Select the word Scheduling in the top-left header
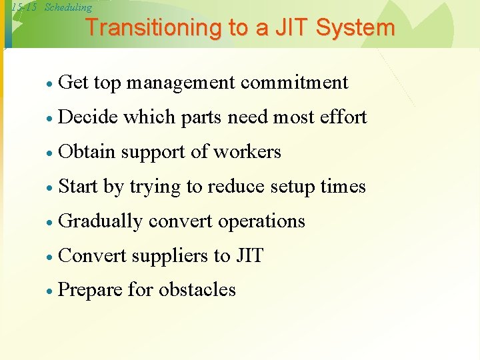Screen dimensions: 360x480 click(68, 8)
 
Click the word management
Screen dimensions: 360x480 click(181, 83)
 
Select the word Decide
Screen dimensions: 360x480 click(88, 117)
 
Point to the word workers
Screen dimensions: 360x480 click(247, 152)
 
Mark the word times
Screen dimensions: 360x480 click(343, 187)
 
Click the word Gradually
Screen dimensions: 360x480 click(101, 221)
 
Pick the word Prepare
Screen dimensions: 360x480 click(91, 291)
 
